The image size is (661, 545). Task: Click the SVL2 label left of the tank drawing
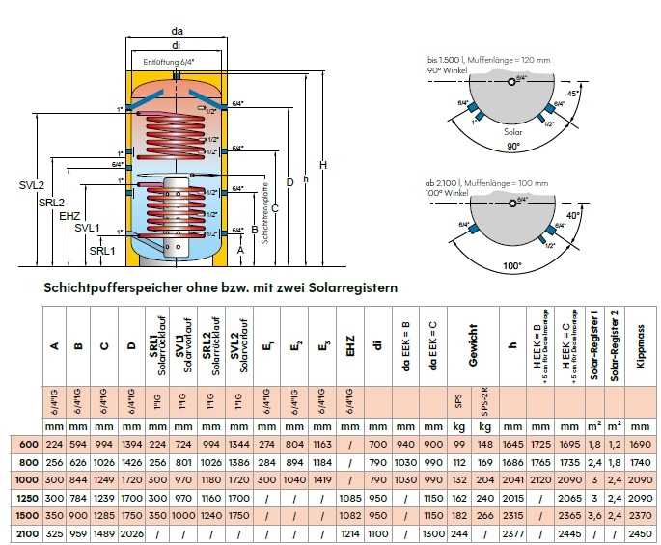32,184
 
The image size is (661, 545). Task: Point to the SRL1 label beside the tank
102,250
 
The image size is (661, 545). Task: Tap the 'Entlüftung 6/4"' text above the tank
165,62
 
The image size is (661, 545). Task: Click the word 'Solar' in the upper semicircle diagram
513,127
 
